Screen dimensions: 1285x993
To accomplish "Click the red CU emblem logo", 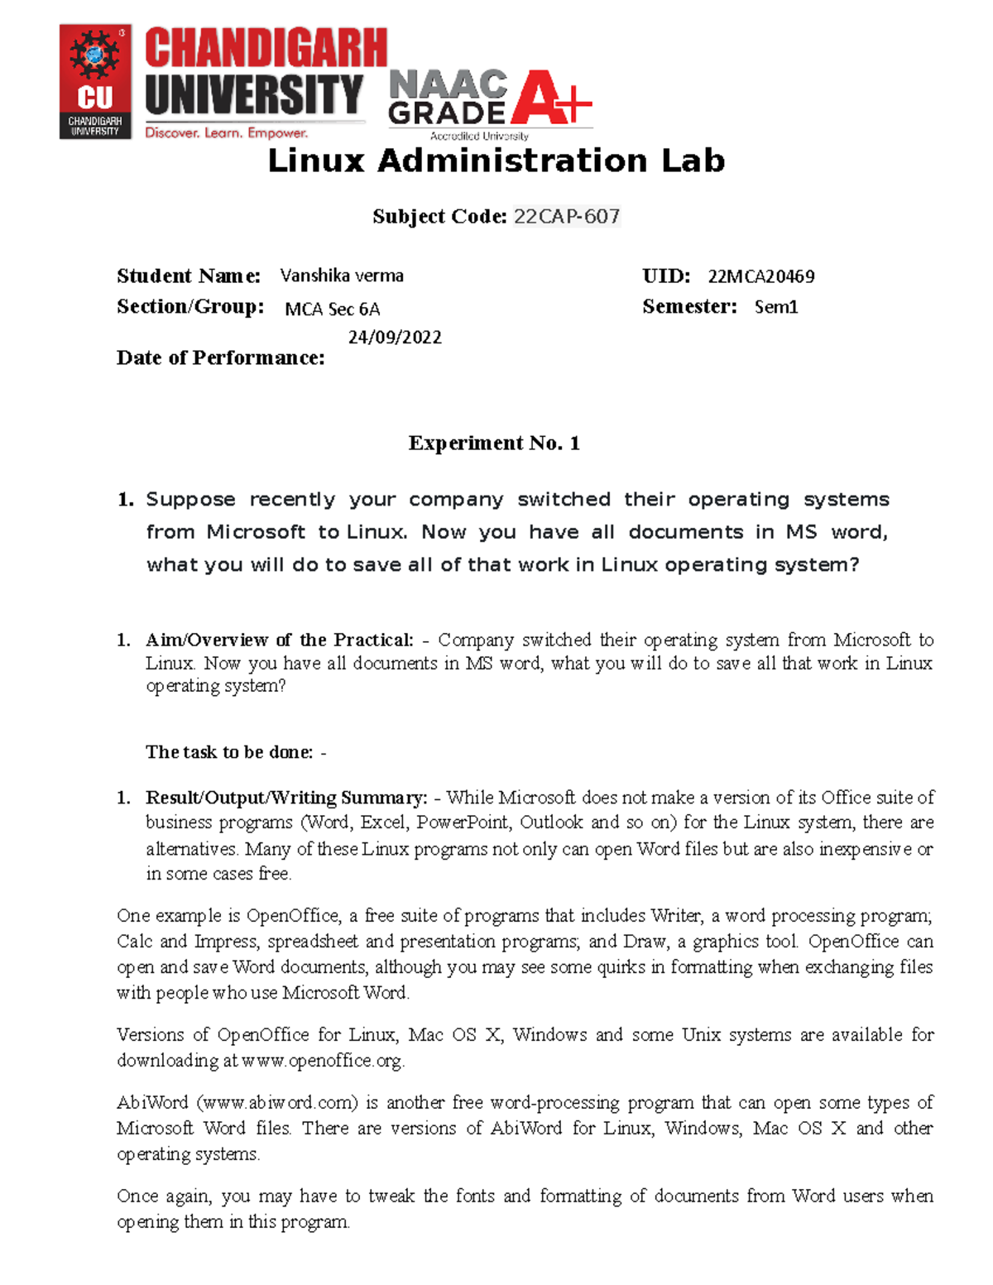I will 95,81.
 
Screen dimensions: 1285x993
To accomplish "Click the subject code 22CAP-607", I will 567,217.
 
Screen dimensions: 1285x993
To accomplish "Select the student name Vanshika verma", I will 342,276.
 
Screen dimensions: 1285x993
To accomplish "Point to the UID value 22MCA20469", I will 760,276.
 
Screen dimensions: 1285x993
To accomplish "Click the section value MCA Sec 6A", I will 332,309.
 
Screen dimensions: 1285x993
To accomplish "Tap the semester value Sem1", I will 776,307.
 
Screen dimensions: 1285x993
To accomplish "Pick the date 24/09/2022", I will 395,337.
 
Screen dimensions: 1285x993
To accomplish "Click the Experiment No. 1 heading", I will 494,444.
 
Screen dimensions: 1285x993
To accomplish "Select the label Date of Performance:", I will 220,357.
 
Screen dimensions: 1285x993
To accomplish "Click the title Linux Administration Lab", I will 496,161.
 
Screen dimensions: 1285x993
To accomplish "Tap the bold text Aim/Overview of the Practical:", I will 280,640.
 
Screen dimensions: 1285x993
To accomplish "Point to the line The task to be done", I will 235,752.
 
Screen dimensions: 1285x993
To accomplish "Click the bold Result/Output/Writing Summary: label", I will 286,798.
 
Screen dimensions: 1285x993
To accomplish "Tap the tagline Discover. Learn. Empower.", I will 226,132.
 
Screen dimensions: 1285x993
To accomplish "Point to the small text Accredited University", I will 479,136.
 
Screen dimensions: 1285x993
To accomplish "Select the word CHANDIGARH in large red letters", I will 266,48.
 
